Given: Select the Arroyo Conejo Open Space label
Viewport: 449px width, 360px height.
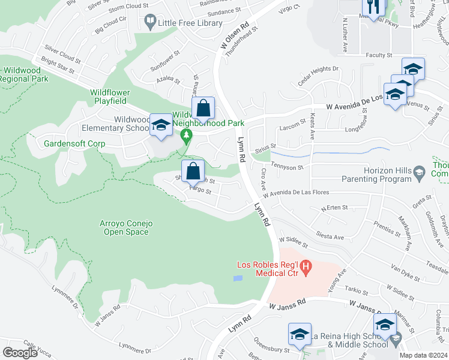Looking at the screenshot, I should pos(127,227).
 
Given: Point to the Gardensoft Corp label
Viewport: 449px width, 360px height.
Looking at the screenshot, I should pos(74,144).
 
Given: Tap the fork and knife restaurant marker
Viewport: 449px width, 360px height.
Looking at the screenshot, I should pos(372,7).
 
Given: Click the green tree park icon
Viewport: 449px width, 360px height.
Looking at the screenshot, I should pos(187,137).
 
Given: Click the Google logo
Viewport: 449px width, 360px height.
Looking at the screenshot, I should pos(20,352).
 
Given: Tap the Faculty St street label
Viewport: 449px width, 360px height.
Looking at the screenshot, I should pos(378,55).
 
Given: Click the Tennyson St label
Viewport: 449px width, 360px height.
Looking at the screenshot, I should pos(287,166).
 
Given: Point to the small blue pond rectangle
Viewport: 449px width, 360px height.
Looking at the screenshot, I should pos(238,278).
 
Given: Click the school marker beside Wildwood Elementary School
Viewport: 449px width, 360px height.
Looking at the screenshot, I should pos(160,124).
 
